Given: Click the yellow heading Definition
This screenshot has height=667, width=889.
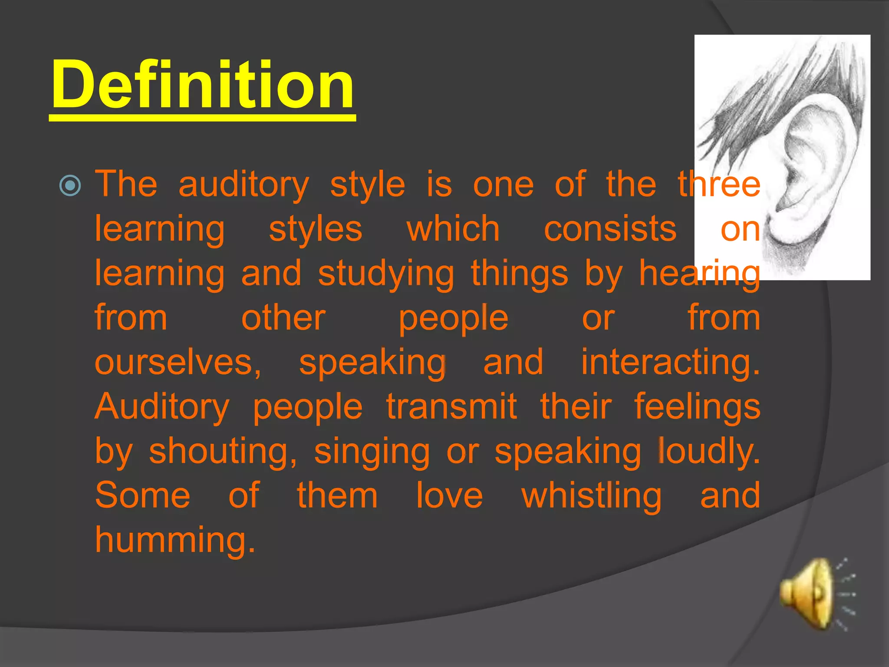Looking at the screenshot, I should click(x=203, y=85).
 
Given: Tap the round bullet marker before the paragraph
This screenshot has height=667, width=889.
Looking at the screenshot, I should click(x=70, y=186).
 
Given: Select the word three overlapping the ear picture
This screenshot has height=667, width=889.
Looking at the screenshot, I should click(x=719, y=185).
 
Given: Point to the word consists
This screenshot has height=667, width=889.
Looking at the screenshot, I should click(x=610, y=229).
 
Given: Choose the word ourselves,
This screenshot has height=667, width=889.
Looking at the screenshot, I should click(x=178, y=363).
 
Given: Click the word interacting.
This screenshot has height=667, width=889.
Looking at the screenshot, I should click(x=670, y=363).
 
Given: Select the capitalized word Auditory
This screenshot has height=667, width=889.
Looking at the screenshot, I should click(x=161, y=407).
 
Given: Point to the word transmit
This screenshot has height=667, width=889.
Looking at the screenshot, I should click(x=451, y=407).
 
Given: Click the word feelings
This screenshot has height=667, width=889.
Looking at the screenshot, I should click(x=697, y=407).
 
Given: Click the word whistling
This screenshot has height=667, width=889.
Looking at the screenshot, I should click(x=591, y=496).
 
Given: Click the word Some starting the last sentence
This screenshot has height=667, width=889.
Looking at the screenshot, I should click(x=142, y=496).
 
